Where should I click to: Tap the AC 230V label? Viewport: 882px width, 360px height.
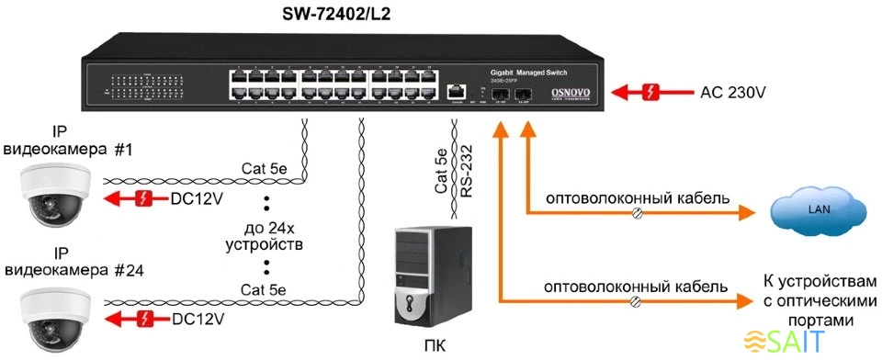point(737,93)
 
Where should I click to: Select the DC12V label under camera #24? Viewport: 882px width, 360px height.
point(198,319)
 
